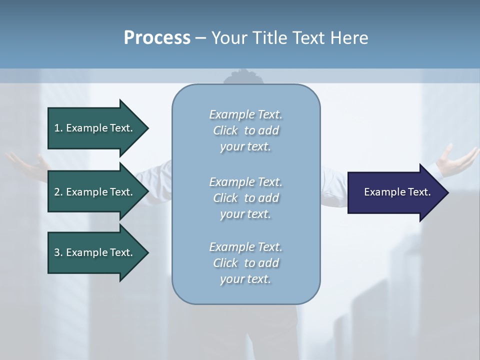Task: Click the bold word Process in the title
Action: click(157, 38)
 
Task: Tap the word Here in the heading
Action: click(349, 38)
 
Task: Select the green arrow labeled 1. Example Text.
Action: click(95, 128)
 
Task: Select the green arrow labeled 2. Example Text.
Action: click(95, 192)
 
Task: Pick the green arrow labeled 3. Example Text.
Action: click(95, 252)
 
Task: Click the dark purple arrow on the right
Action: click(395, 192)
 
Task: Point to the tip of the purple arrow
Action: click(446, 192)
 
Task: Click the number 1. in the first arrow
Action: click(58, 128)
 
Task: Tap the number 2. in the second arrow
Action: click(58, 192)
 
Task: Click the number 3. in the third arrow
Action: click(58, 252)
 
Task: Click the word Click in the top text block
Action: click(225, 130)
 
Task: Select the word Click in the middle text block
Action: click(225, 198)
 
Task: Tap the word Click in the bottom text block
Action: click(225, 263)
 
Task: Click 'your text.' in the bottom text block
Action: click(245, 279)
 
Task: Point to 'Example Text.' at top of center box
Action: click(245, 114)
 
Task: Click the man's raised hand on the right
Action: click(456, 159)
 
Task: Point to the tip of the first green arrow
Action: click(147, 128)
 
